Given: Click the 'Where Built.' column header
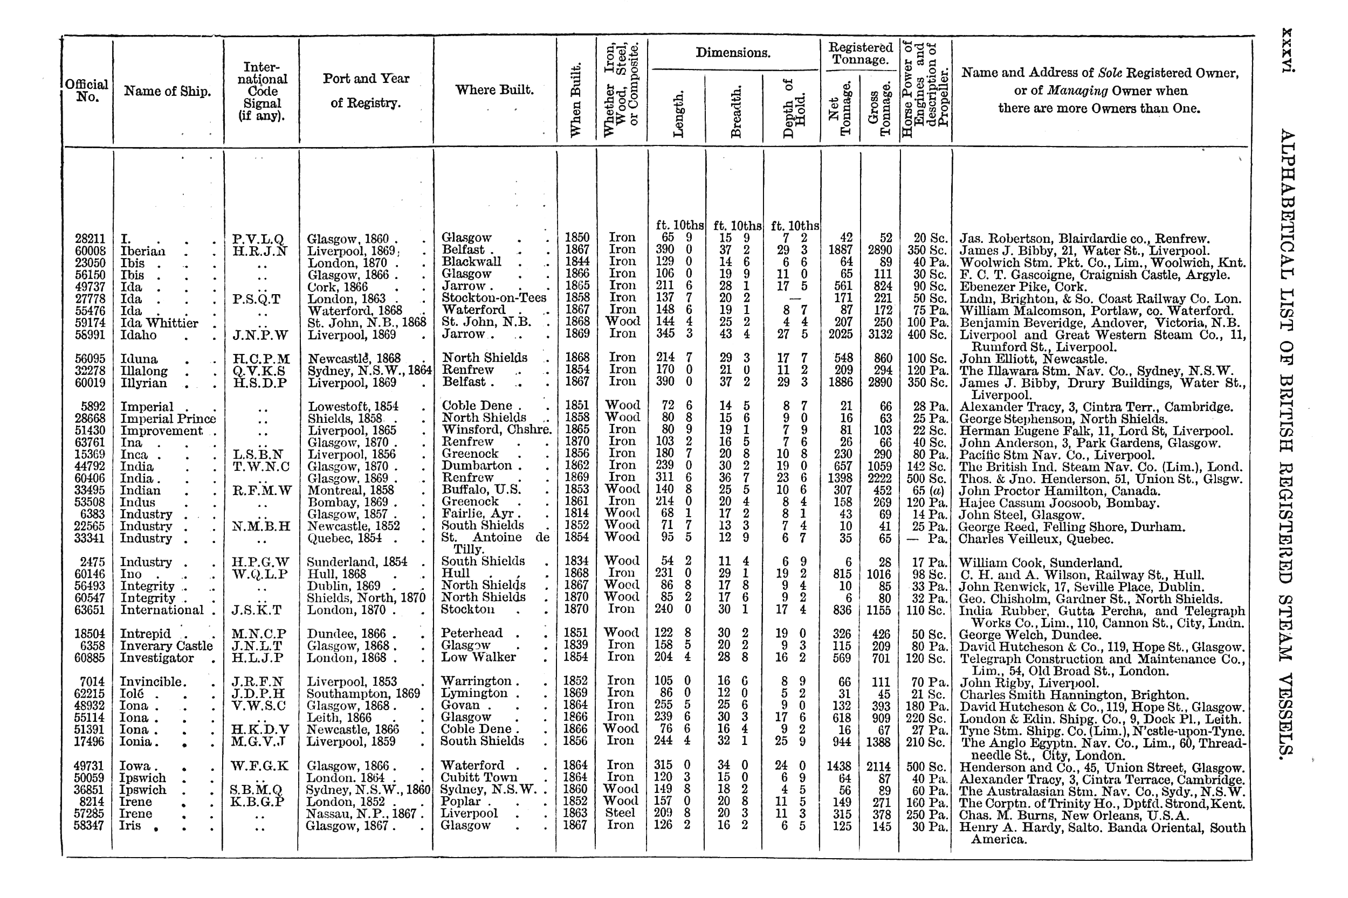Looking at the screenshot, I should click(x=494, y=90).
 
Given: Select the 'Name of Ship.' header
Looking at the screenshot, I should click(x=167, y=91).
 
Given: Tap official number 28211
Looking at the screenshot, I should click(x=90, y=238).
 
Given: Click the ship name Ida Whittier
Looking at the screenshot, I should click(x=159, y=323).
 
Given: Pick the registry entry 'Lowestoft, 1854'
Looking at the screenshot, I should click(x=353, y=407).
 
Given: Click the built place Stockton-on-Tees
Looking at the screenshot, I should click(x=493, y=298).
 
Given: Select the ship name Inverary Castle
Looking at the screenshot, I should click(x=166, y=646).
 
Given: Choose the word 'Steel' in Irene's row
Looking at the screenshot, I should click(x=621, y=813).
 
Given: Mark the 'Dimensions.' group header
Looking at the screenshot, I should click(x=733, y=53).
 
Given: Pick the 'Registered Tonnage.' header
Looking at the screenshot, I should click(x=860, y=53).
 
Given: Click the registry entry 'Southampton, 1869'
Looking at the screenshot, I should click(x=363, y=693).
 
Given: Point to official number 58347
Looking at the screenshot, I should click(x=90, y=826).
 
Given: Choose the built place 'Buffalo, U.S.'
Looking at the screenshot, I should click(x=482, y=490).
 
